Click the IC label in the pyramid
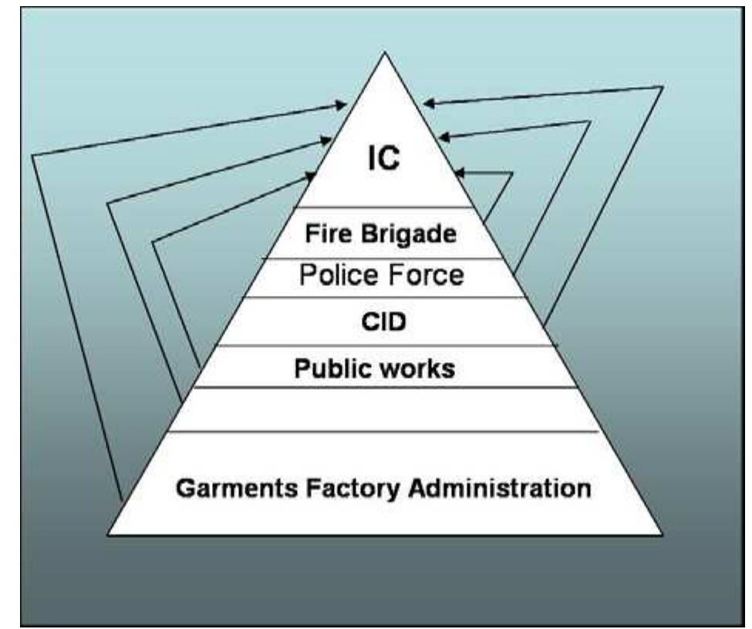coord(383,162)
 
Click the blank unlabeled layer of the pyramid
coord(383,409)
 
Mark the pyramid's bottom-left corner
coord(108,534)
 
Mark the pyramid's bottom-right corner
coord(661,534)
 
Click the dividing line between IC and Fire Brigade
coord(383,207)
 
